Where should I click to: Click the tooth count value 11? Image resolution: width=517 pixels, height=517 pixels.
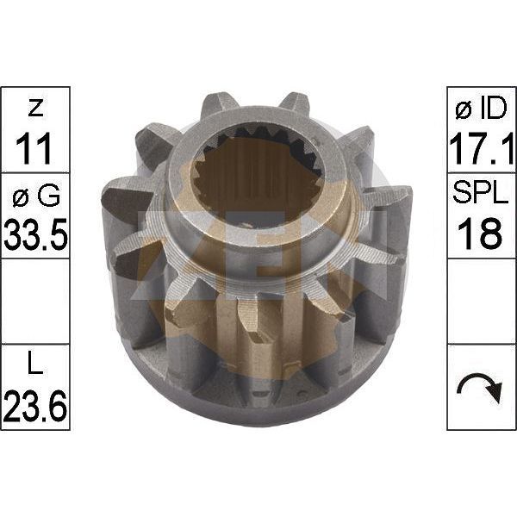34,148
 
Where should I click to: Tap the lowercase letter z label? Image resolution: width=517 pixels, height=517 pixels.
35,108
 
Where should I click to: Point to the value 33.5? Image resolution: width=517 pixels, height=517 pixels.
35,234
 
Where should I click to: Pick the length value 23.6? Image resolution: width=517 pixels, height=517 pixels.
35,405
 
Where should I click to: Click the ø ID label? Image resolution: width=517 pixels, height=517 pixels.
481,109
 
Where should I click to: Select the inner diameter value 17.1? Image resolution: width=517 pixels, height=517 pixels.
482,148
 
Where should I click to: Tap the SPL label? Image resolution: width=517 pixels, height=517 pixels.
481,195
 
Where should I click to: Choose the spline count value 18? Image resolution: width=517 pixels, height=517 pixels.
480,234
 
